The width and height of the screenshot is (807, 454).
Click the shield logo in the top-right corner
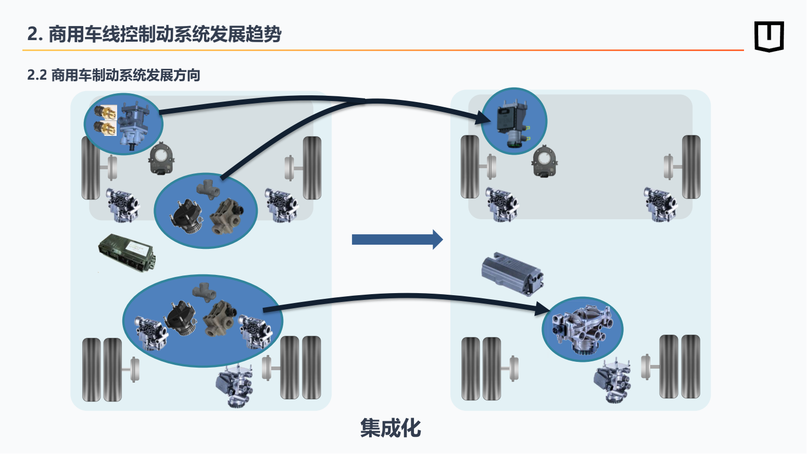pyautogui.click(x=769, y=36)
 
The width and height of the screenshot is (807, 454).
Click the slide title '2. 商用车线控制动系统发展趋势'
pyautogui.click(x=154, y=34)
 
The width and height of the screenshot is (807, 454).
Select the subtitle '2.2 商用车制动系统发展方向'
pyautogui.click(x=114, y=75)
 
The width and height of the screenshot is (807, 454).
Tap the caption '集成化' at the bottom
pyautogui.click(x=390, y=428)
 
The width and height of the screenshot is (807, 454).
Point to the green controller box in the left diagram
pyautogui.click(x=127, y=253)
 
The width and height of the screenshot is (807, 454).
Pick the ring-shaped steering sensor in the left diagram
pyautogui.click(x=162, y=158)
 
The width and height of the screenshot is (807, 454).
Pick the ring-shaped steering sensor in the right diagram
pyautogui.click(x=545, y=161)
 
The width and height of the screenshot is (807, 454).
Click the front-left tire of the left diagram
pyautogui.click(x=91, y=168)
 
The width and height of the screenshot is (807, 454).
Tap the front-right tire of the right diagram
pyautogui.click(x=691, y=167)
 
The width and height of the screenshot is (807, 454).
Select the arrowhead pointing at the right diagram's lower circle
pyautogui.click(x=543, y=309)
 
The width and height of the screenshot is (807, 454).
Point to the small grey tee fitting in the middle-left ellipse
pyautogui.click(x=208, y=188)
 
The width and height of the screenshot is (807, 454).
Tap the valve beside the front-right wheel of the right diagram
pyautogui.click(x=661, y=204)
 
